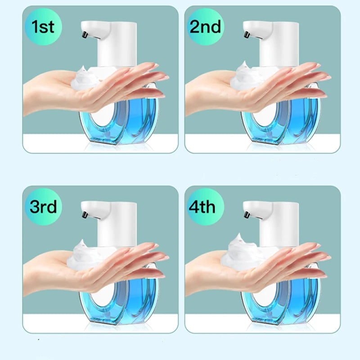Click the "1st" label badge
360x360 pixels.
[43, 27]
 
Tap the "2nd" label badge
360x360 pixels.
[206, 27]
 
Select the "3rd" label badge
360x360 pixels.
[43, 207]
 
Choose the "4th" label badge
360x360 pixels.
[206, 207]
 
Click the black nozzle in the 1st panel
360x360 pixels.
[85, 35]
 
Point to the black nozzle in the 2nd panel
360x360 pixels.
[247, 35]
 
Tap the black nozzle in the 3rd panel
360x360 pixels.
[85, 215]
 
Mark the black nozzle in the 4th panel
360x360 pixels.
[247, 215]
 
